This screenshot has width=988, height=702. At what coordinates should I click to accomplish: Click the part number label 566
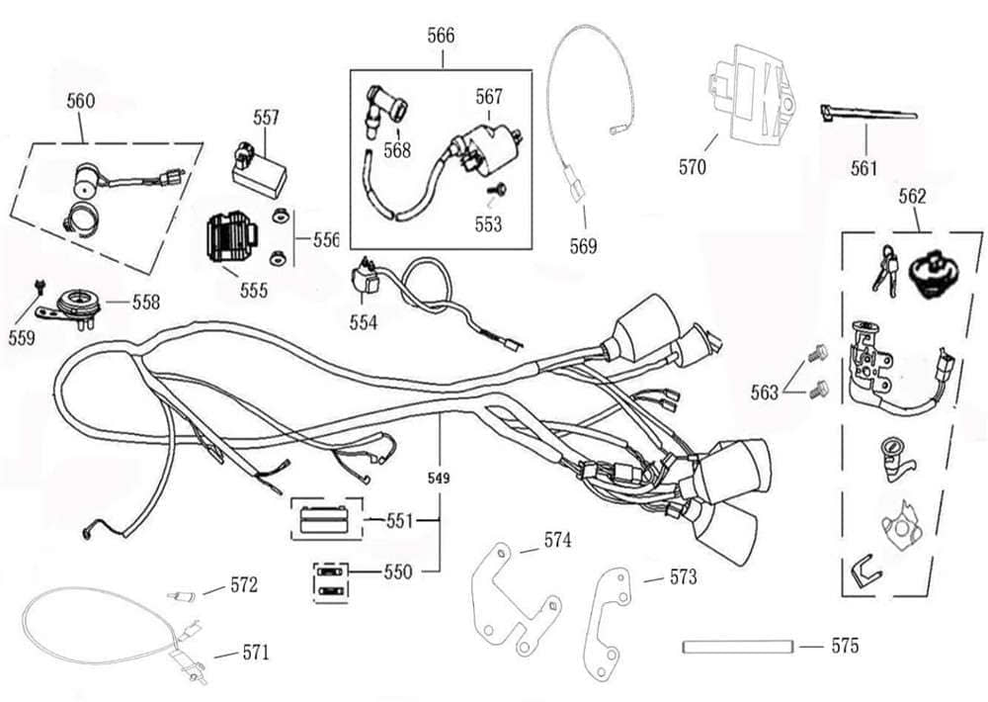(x=441, y=36)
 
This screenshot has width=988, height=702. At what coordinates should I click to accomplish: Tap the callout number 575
(x=845, y=647)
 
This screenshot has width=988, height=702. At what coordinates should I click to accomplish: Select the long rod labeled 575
(x=738, y=648)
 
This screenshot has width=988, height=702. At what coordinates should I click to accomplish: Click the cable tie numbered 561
(x=867, y=117)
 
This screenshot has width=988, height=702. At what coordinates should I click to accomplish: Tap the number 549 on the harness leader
(x=440, y=479)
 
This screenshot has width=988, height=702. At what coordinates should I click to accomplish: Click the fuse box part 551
(x=321, y=519)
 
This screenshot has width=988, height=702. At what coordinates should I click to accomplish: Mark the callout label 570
(x=693, y=167)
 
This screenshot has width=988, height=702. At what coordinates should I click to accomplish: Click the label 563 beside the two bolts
(x=764, y=393)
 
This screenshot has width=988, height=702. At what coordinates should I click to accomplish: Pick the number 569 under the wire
(x=584, y=246)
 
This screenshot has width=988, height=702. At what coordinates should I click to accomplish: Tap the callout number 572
(x=244, y=585)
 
